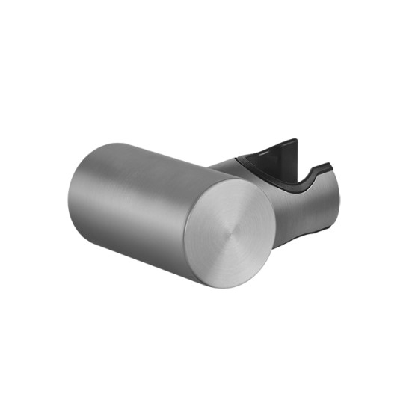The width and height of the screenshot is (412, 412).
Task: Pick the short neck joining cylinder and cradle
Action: tap(224, 167)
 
